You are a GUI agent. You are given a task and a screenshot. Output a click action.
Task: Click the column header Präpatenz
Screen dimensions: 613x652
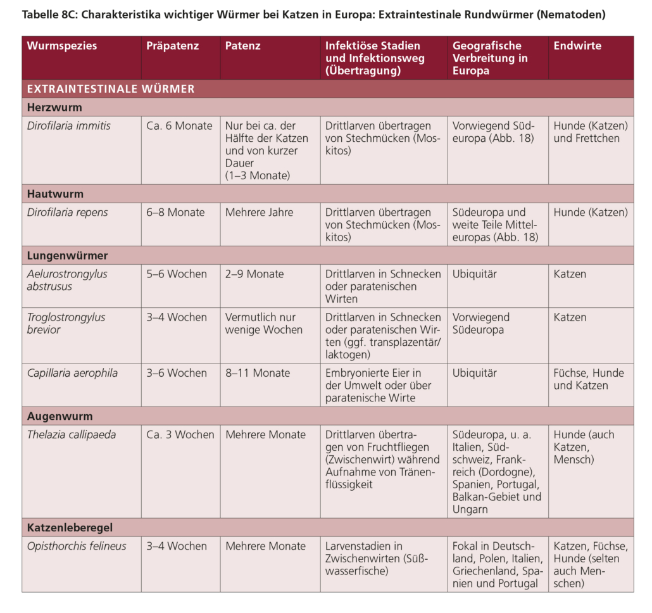pos(172,46)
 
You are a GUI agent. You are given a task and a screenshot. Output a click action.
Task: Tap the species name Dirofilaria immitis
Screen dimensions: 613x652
pos(68,126)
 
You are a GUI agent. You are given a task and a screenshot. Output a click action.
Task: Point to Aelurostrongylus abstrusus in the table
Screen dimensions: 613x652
pos(67,280)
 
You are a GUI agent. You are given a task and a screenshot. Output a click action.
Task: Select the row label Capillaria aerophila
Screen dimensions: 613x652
pos(72,373)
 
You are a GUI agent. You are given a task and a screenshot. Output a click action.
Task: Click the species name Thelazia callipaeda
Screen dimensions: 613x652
pos(71,435)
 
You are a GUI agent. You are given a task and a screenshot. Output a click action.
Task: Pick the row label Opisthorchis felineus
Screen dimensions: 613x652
pos(77,546)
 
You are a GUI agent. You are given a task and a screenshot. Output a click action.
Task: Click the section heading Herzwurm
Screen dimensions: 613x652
pos(54,108)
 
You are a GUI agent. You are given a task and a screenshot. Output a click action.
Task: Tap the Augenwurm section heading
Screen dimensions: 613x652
pos(60,417)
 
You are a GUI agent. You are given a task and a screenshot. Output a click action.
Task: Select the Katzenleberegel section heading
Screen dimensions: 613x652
pos(70,528)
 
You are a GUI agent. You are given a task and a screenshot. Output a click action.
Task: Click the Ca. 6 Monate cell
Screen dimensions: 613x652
pos(179,126)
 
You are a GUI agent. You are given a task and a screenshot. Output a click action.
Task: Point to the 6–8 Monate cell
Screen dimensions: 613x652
pos(175,213)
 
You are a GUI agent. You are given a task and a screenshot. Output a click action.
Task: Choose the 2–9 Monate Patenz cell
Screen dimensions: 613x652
pos(254,274)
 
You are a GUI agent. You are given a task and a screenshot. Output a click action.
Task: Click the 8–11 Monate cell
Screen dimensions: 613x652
pos(258,373)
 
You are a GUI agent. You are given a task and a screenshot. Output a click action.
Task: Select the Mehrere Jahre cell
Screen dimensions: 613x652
pos(260,213)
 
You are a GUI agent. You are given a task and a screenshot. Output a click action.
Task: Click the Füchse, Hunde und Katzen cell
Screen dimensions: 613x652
pos(589,379)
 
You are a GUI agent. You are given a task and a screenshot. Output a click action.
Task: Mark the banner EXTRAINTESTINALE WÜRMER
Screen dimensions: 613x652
pos(111,89)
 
